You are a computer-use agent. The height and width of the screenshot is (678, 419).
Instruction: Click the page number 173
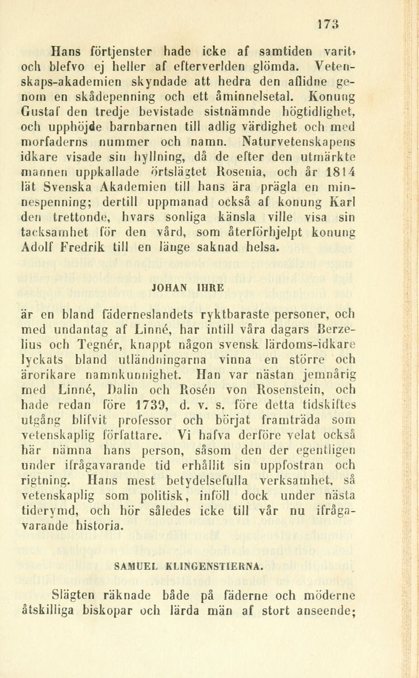coord(328,25)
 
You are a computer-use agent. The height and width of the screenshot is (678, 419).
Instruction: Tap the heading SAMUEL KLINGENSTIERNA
coord(188,567)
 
